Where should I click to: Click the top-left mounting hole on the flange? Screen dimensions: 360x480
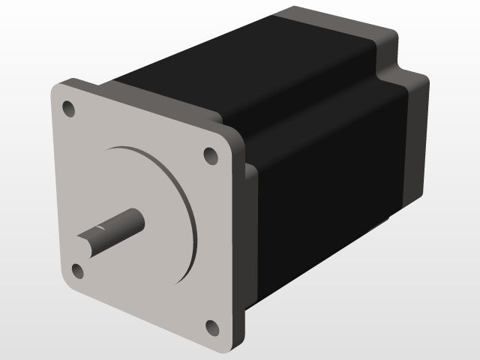tap(69, 109)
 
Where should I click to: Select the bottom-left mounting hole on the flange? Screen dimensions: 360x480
tap(77, 270)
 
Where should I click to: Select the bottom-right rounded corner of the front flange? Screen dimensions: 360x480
tap(232, 346)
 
